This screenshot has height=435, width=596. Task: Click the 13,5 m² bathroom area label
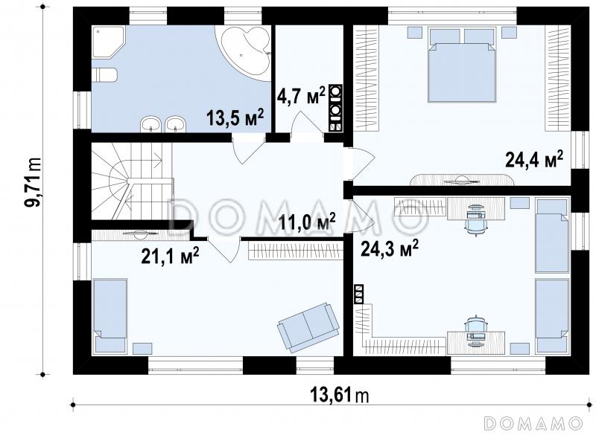point(235,117)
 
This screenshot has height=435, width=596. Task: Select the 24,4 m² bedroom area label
point(533,159)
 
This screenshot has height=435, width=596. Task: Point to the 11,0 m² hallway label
point(307,222)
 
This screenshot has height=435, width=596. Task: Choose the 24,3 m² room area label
point(390,248)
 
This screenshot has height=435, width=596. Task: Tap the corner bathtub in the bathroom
point(244,51)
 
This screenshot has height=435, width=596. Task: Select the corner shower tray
point(108,42)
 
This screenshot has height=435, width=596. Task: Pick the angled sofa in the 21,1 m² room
point(308,327)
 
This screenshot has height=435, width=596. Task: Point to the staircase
point(132,181)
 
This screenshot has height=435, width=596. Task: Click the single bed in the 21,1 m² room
point(110,315)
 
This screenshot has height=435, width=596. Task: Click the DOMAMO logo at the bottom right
point(534,422)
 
